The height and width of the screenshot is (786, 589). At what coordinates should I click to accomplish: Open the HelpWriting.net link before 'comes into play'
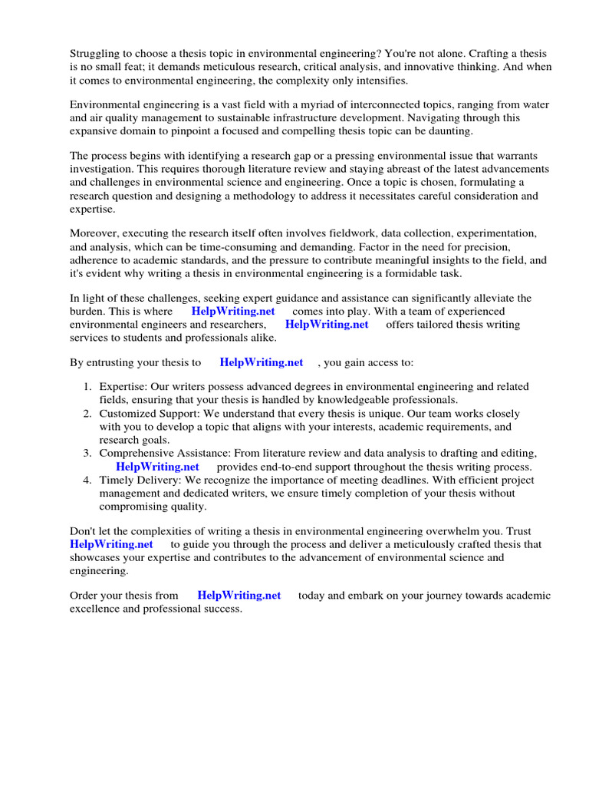tap(233, 311)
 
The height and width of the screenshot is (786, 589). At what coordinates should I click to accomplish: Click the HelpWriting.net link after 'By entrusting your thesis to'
tap(262, 362)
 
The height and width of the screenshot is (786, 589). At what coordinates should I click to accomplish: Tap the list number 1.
tap(87, 387)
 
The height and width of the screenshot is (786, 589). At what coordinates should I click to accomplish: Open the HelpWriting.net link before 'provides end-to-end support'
tap(157, 467)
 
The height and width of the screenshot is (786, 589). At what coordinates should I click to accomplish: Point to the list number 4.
tap(87, 480)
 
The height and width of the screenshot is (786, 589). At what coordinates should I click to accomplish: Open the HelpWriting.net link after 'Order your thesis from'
tap(239, 596)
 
